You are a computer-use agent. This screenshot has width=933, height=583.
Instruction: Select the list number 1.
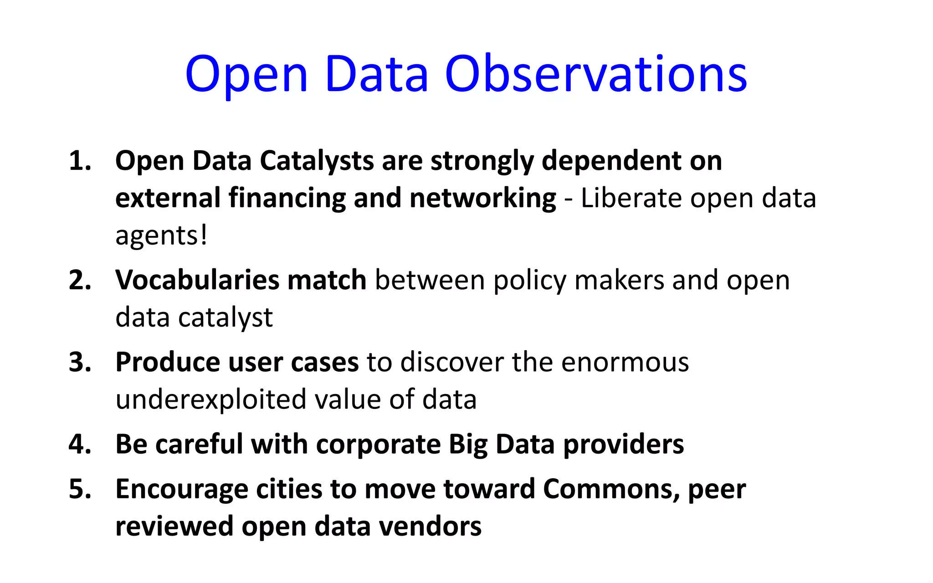point(80,161)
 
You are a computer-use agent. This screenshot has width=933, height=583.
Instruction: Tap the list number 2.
point(80,280)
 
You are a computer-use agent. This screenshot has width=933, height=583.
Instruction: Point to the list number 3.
point(80,363)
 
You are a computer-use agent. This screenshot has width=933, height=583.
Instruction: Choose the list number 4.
point(80,445)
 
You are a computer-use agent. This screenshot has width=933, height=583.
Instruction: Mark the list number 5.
point(80,490)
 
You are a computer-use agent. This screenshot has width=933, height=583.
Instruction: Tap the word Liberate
point(631,199)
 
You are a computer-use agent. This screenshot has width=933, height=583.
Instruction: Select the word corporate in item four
point(378,445)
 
